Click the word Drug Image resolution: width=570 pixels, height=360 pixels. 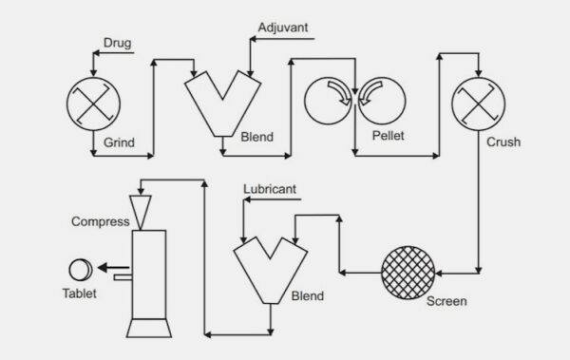(x=117, y=42)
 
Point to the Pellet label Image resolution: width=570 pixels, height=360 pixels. (x=387, y=136)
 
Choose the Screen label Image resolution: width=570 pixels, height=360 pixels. (x=446, y=303)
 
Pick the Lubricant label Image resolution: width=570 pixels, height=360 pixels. (x=270, y=190)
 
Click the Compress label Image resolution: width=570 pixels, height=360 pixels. (x=100, y=221)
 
